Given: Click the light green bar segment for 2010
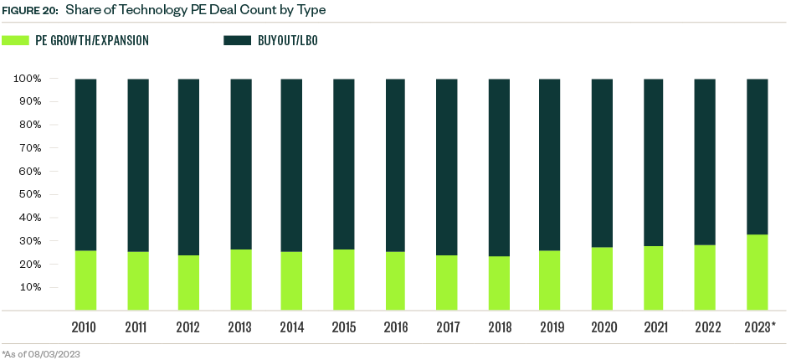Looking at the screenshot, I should tap(85, 280).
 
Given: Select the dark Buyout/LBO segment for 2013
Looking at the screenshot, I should tap(241, 164).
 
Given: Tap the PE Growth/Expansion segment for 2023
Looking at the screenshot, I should tap(757, 272).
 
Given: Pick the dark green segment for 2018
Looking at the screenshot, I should tap(499, 167).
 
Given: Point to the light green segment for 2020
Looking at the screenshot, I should tap(602, 279).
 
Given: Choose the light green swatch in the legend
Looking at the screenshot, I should tap(15, 39).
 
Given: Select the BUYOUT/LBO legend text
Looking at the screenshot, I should tap(289, 40).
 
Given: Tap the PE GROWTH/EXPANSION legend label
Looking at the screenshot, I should tap(92, 40).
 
